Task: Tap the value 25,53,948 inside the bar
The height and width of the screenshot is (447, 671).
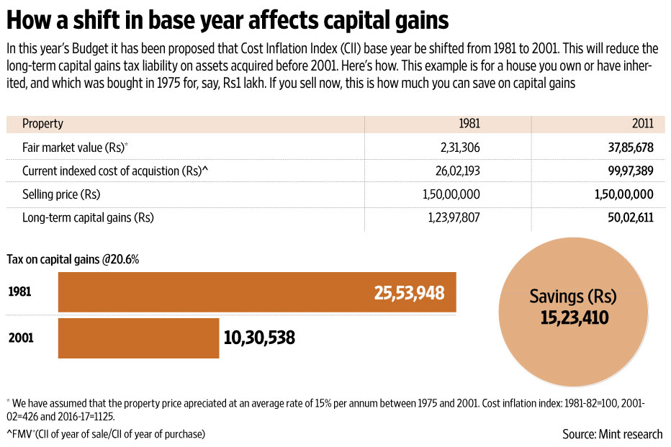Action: (x=409, y=293)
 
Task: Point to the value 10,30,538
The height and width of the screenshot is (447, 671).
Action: (x=259, y=338)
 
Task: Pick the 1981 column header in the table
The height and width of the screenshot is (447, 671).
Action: (x=469, y=124)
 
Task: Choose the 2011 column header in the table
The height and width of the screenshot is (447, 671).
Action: (x=643, y=124)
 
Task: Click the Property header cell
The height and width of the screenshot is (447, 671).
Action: (x=42, y=124)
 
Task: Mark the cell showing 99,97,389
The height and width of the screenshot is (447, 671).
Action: (x=628, y=171)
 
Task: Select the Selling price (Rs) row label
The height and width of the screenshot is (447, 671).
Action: (x=61, y=194)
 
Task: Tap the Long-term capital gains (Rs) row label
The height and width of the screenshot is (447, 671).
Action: (x=88, y=217)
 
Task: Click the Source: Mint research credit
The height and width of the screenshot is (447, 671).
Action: (x=613, y=433)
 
